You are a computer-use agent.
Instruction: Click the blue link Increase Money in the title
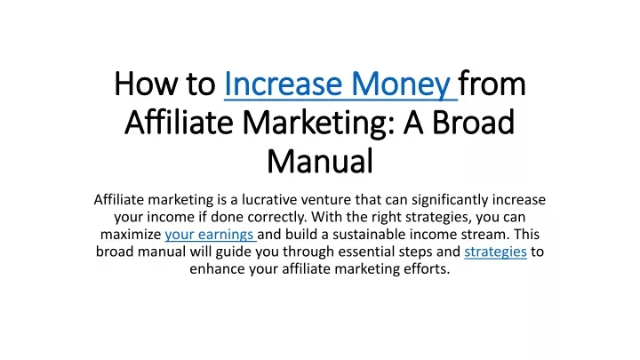point(337,84)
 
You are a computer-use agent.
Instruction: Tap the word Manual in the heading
point(320,161)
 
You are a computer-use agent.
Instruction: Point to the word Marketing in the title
point(319,124)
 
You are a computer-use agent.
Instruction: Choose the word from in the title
point(492,84)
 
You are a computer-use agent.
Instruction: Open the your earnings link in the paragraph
point(209,235)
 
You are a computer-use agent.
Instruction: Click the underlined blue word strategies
point(495,252)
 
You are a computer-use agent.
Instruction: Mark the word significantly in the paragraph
point(450,200)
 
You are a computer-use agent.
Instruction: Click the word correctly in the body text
point(277,217)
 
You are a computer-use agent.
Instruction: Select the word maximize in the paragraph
point(131,235)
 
